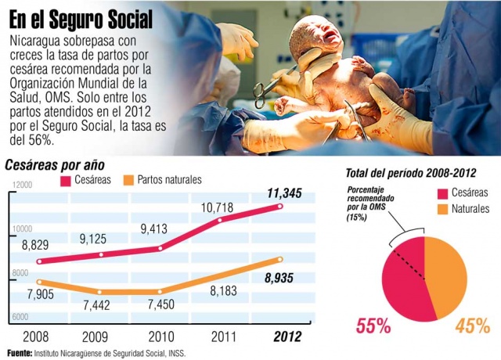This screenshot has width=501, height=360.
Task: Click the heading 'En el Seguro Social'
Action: click(x=81, y=16)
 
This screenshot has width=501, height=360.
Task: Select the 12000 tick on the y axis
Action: click(x=21, y=185)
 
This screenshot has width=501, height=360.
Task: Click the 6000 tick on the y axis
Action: click(x=20, y=317)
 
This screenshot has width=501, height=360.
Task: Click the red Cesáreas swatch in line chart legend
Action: click(x=52, y=181)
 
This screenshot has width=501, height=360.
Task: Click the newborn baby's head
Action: click(x=317, y=35)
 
